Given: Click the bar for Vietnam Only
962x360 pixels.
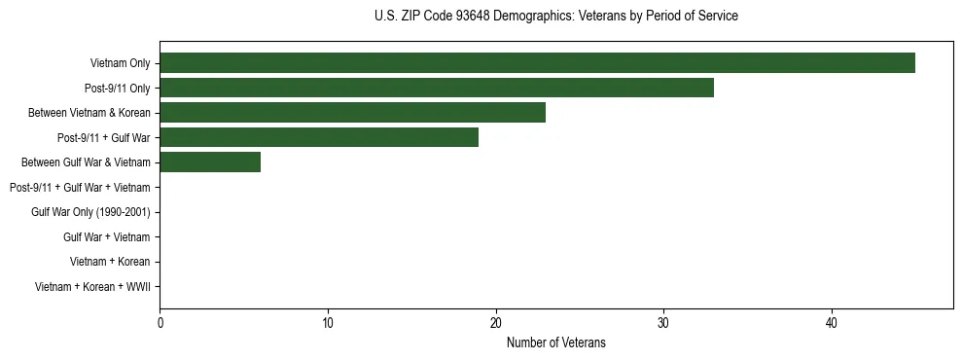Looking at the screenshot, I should point(537,63).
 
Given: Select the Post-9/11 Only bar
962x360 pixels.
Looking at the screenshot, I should point(437,88).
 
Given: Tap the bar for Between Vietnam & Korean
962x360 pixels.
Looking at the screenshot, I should point(352,113).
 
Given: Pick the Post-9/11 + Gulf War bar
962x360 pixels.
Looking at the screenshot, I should point(319,137).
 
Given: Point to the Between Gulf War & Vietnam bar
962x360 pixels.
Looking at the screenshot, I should point(210,162).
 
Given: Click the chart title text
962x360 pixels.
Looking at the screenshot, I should point(555,17).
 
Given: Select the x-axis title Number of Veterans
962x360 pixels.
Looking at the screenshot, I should point(555,342).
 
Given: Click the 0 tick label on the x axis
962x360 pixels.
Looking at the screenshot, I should point(160,323).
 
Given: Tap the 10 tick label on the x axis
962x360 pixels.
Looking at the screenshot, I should point(328,323).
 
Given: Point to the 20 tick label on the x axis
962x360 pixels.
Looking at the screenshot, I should point(496,323).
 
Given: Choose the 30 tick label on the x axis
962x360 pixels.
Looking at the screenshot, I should point(663,323).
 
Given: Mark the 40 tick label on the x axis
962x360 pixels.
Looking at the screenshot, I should point(832,323).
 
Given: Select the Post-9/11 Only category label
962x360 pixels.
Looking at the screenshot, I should point(117,89).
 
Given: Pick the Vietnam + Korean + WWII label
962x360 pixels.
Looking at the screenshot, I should point(92,287).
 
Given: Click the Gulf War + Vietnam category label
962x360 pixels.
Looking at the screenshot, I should point(106,237).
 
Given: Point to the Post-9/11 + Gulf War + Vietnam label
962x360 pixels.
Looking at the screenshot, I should point(80,188).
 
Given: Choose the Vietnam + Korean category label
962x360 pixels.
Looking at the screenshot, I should point(110,262).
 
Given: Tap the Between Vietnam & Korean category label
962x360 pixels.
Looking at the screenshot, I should point(89,113).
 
